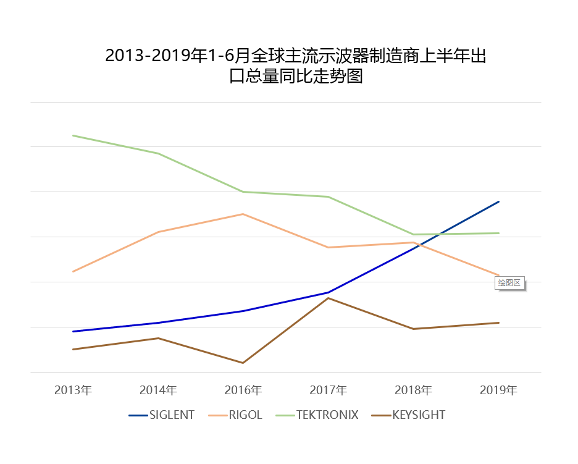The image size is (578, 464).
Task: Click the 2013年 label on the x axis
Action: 73,390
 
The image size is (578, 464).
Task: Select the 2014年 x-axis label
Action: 158,390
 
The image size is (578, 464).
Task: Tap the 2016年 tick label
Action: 243,390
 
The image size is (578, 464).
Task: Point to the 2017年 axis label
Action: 328,390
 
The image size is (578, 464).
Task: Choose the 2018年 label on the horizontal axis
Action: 413,390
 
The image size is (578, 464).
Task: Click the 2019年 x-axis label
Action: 498,390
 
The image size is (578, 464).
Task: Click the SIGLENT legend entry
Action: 162,415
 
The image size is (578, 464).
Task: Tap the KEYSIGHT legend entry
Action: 409,415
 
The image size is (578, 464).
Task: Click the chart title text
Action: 295,66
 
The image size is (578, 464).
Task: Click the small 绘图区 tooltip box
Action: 509,283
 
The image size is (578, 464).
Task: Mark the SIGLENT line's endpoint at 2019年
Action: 498,201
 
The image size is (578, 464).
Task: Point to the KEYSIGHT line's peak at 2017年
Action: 328,298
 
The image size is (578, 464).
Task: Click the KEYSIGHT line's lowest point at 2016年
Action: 243,363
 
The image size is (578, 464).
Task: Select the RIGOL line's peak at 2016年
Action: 243,214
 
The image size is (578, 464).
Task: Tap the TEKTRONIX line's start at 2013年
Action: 73,135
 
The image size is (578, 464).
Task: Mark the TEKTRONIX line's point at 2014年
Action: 158,153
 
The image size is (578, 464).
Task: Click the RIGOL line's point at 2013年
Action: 73,271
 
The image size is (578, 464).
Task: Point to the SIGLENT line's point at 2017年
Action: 328,292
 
